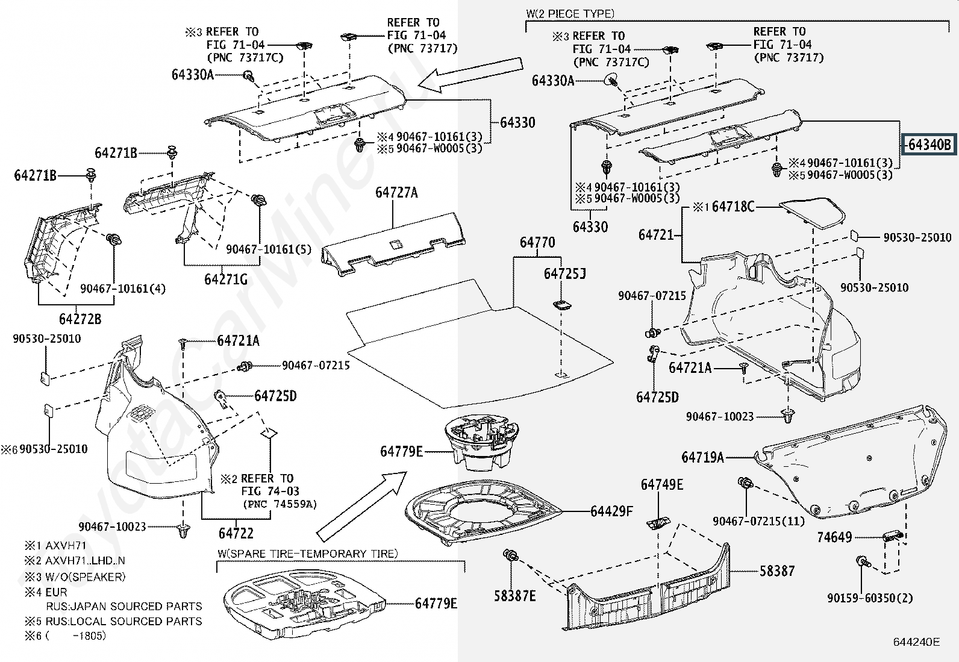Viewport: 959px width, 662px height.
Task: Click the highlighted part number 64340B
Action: point(929,145)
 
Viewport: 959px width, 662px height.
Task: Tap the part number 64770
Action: point(537,243)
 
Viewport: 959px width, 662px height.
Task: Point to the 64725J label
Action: point(564,274)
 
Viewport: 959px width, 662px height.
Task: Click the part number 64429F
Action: point(611,511)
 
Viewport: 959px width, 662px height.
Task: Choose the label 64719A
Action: point(702,457)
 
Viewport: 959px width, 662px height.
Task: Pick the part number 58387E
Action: point(515,596)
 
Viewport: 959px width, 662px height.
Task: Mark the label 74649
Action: point(834,537)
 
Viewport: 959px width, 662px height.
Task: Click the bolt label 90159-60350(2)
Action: point(870,598)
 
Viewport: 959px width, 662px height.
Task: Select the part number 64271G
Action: point(226,279)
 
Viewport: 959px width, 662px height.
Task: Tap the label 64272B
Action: point(80,319)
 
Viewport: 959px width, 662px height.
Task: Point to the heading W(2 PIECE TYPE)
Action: point(570,14)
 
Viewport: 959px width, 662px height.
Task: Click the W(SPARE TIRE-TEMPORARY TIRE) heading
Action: point(308,554)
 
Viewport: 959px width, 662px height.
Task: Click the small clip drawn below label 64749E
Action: point(658,522)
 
